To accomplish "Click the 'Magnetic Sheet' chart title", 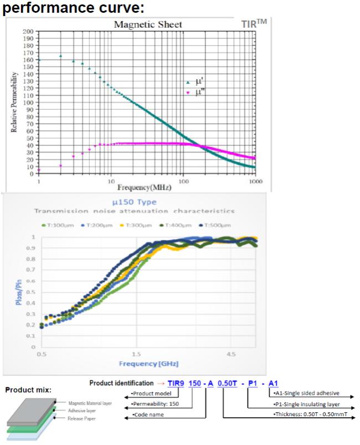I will point(148,24).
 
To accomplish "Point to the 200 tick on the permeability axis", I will point(28,32).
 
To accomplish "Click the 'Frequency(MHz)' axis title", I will point(147,188).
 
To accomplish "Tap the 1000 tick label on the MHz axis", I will point(255,181).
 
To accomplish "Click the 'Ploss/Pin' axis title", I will point(18,292).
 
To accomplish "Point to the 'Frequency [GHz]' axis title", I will point(147,364).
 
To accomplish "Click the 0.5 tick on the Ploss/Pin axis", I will point(32,292).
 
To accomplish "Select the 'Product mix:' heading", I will point(28,390).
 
